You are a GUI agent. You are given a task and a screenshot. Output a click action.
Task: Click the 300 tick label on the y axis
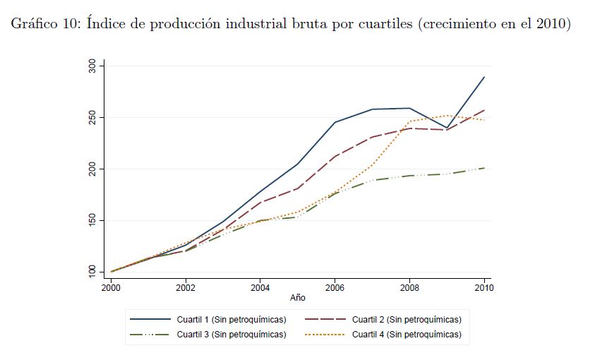[x=92, y=66]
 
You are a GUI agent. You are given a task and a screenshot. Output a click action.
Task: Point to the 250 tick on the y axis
[x=92, y=117]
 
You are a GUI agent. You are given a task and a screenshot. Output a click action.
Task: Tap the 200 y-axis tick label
[x=92, y=169]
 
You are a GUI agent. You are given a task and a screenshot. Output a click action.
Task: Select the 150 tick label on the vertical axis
[x=92, y=220]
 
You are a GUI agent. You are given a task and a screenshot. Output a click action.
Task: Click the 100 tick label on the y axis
[x=92, y=272]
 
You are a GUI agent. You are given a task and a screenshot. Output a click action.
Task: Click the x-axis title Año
[x=297, y=298]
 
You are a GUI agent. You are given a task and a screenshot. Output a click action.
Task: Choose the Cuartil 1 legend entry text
[x=232, y=319]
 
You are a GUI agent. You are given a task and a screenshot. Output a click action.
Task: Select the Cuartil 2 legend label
[x=407, y=319]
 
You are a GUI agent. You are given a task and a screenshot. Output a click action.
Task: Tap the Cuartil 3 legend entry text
[x=232, y=334]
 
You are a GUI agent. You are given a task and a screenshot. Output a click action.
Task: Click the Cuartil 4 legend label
[x=407, y=334]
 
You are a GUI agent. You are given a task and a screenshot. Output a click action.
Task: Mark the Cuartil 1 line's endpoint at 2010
[x=484, y=77]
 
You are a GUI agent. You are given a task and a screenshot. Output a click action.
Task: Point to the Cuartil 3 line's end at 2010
[x=484, y=167]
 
